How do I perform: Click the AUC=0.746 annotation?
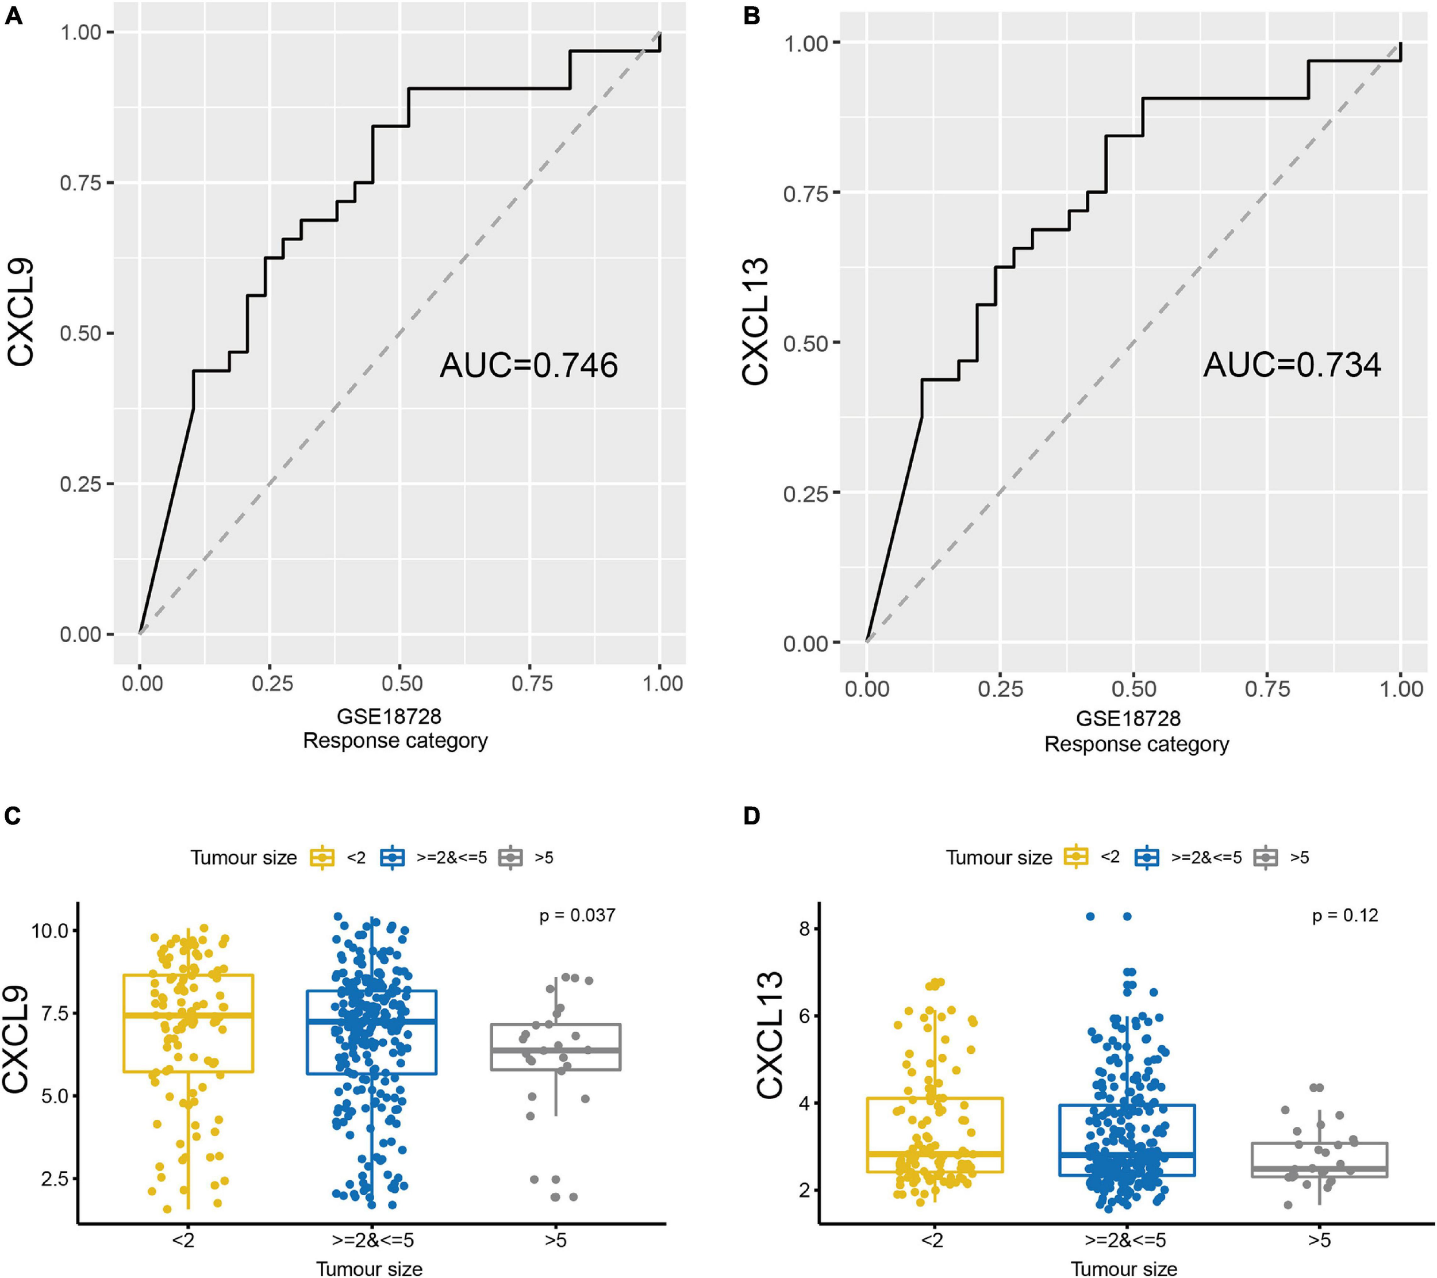pyautogui.click(x=529, y=366)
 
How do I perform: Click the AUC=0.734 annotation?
pyautogui.click(x=1292, y=366)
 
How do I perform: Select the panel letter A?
pyautogui.click(x=13, y=16)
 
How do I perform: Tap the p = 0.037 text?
pyautogui.click(x=577, y=915)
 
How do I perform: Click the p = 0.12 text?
pyautogui.click(x=1345, y=915)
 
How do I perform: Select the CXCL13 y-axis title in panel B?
pyautogui.click(x=756, y=321)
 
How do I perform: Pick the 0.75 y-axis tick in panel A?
pyautogui.click(x=79, y=183)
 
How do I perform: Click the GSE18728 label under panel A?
pyautogui.click(x=389, y=716)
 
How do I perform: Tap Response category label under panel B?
pyautogui.click(x=1137, y=744)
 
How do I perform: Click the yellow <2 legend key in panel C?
pyautogui.click(x=322, y=858)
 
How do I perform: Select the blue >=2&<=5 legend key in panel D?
pyautogui.click(x=1147, y=858)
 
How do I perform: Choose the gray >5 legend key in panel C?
pyautogui.click(x=511, y=858)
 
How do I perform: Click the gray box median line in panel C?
pyautogui.click(x=555, y=1050)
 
